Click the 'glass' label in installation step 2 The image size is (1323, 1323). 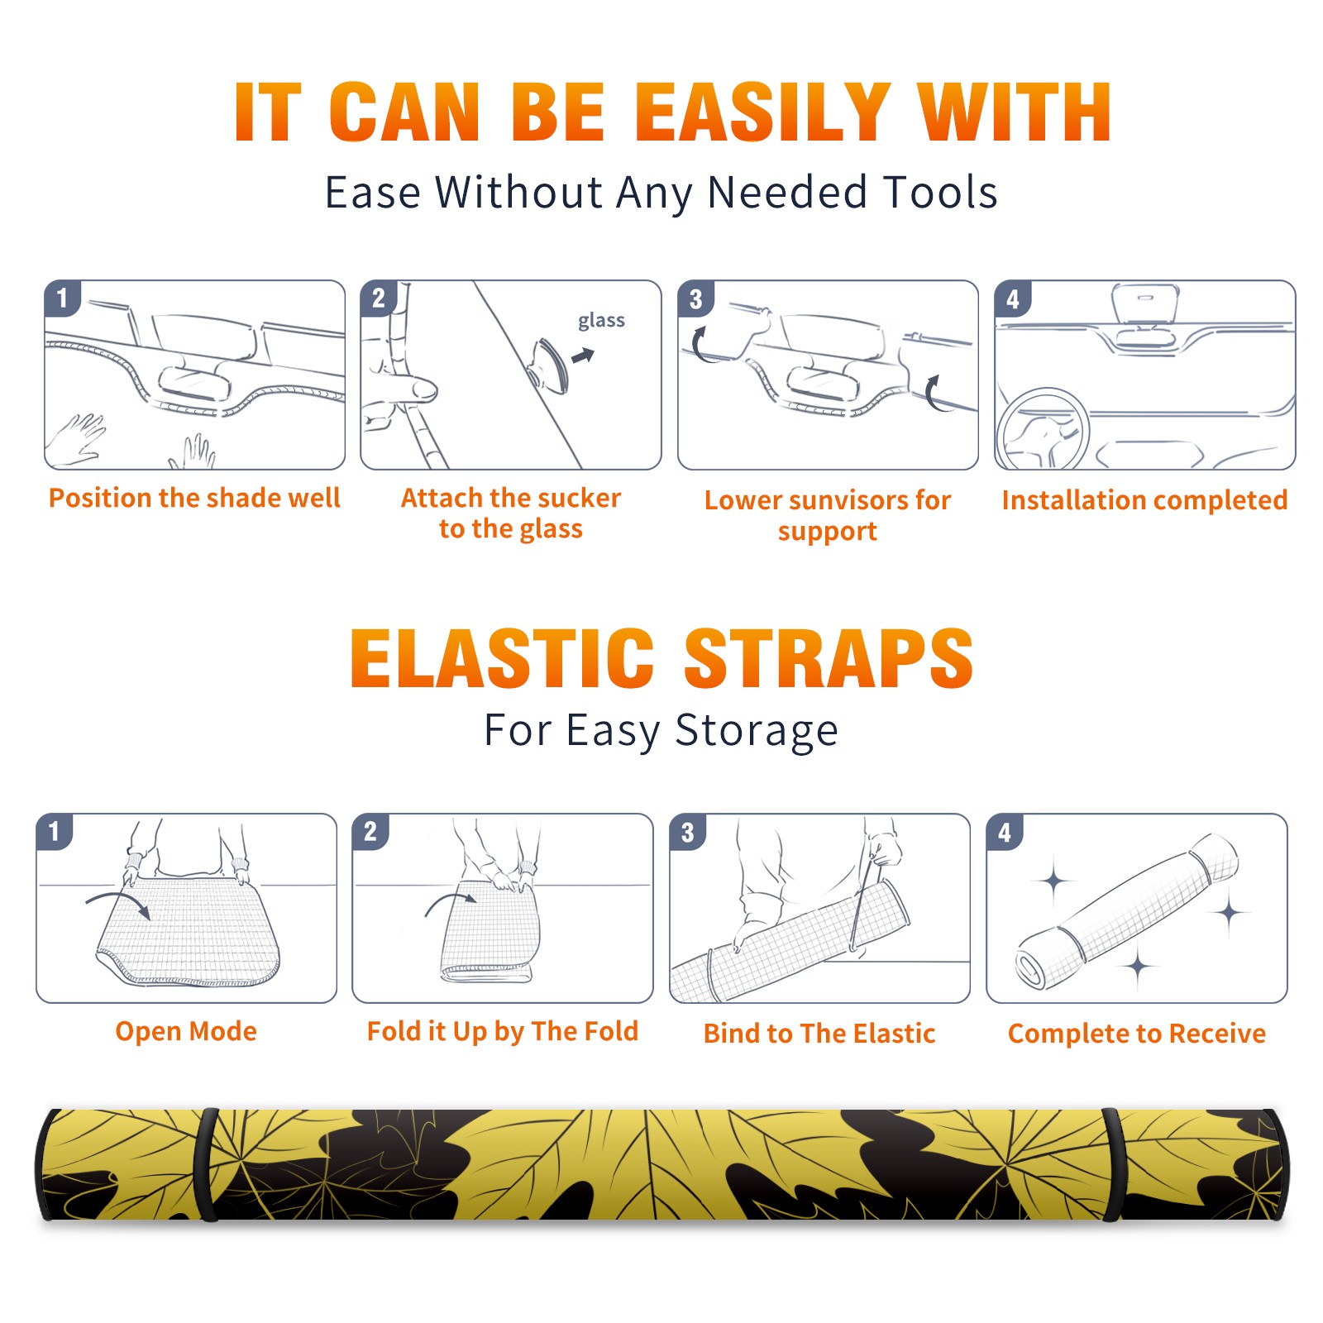click(601, 321)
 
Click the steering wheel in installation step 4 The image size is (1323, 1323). click(1044, 430)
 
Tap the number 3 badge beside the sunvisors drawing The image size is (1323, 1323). click(695, 299)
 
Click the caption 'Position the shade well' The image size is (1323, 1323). click(194, 498)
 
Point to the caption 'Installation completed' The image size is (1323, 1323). click(1144, 499)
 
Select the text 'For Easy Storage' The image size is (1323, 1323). click(661, 730)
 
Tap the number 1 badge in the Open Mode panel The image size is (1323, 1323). click(55, 831)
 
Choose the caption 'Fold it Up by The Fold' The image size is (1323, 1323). click(503, 1031)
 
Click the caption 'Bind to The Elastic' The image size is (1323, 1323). click(819, 1034)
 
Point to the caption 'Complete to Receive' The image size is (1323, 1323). click(1137, 1034)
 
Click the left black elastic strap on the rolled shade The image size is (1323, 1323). click(206, 1164)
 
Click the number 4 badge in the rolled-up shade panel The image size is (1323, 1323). click(1005, 832)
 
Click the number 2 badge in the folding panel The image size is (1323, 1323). click(370, 831)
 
